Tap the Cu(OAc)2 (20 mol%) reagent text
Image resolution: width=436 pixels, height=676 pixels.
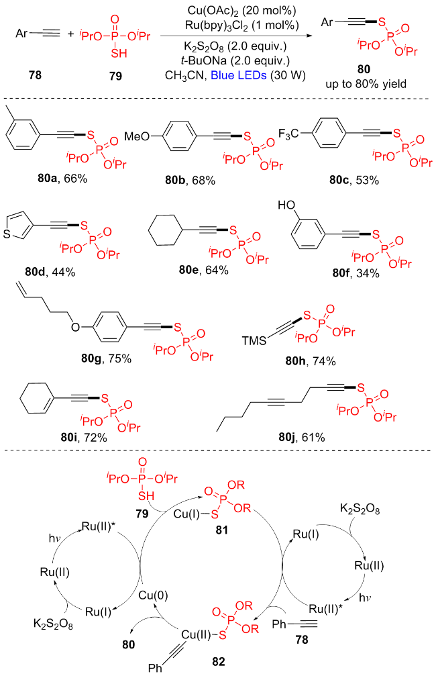[239, 9]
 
